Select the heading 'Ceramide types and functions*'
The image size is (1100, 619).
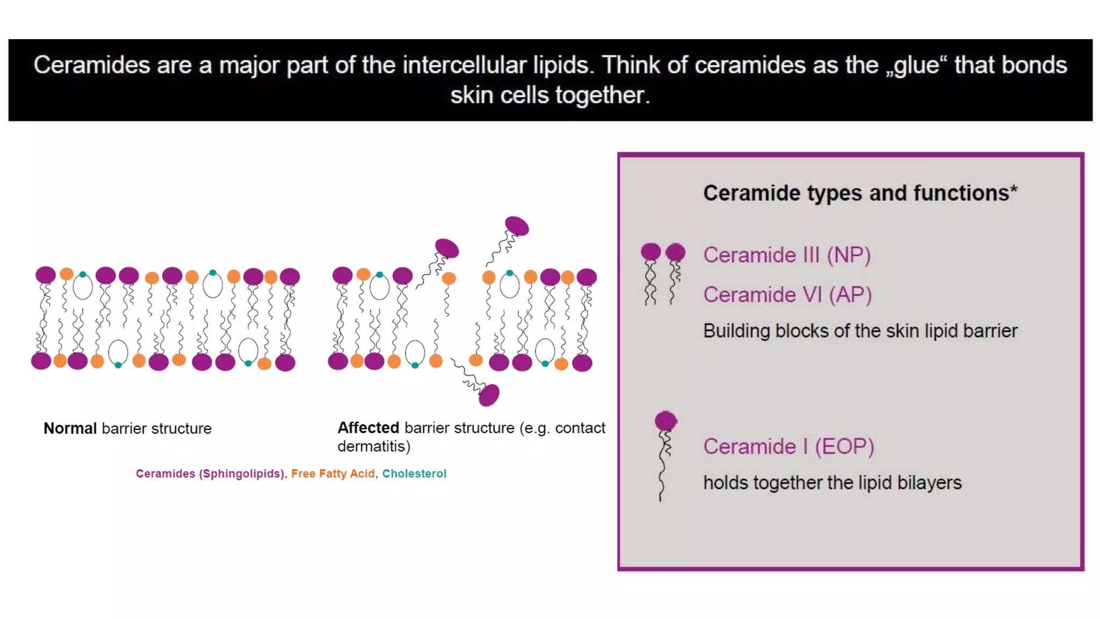pos(860,193)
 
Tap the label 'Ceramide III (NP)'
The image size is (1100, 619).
pos(787,255)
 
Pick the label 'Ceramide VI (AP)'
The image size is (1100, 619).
pos(787,294)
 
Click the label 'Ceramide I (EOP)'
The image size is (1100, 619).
pos(788,447)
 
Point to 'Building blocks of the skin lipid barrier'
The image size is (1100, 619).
pos(860,331)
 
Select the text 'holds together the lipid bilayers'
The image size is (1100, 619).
pos(832,483)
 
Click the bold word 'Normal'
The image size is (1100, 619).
pos(70,428)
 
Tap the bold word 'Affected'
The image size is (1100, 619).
pos(368,428)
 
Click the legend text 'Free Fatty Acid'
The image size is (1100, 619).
pos(332,473)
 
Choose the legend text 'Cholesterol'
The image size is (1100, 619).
pos(414,473)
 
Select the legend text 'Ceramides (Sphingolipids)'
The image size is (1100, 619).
pos(209,473)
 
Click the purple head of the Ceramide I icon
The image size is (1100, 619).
pos(665,421)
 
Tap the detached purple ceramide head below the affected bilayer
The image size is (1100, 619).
pos(489,395)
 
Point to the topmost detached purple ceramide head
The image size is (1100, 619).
pos(517,226)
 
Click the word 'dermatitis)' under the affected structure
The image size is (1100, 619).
pos(374,446)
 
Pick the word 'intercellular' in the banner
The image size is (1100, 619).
pos(464,66)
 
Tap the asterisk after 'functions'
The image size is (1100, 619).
pos(1014,190)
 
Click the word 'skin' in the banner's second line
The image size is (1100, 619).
pos(472,96)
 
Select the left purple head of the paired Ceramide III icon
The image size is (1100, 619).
pos(650,251)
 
